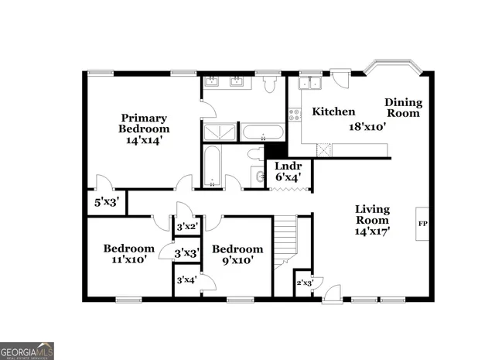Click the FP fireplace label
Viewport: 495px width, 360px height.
pyautogui.click(x=422, y=224)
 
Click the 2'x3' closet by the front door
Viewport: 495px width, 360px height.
pyautogui.click(x=305, y=283)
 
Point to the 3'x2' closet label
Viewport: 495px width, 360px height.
pyautogui.click(x=187, y=228)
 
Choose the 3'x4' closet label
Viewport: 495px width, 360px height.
pyautogui.click(x=186, y=279)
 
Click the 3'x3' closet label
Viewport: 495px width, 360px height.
pyautogui.click(x=187, y=253)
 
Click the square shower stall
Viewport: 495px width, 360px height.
pyautogui.click(x=219, y=132)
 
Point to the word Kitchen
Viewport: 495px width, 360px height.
pyautogui.click(x=333, y=111)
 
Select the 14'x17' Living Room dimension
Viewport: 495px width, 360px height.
pyautogui.click(x=372, y=230)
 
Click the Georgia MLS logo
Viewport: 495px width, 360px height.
pyautogui.click(x=27, y=351)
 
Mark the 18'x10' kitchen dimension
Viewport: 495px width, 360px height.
pyautogui.click(x=367, y=126)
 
